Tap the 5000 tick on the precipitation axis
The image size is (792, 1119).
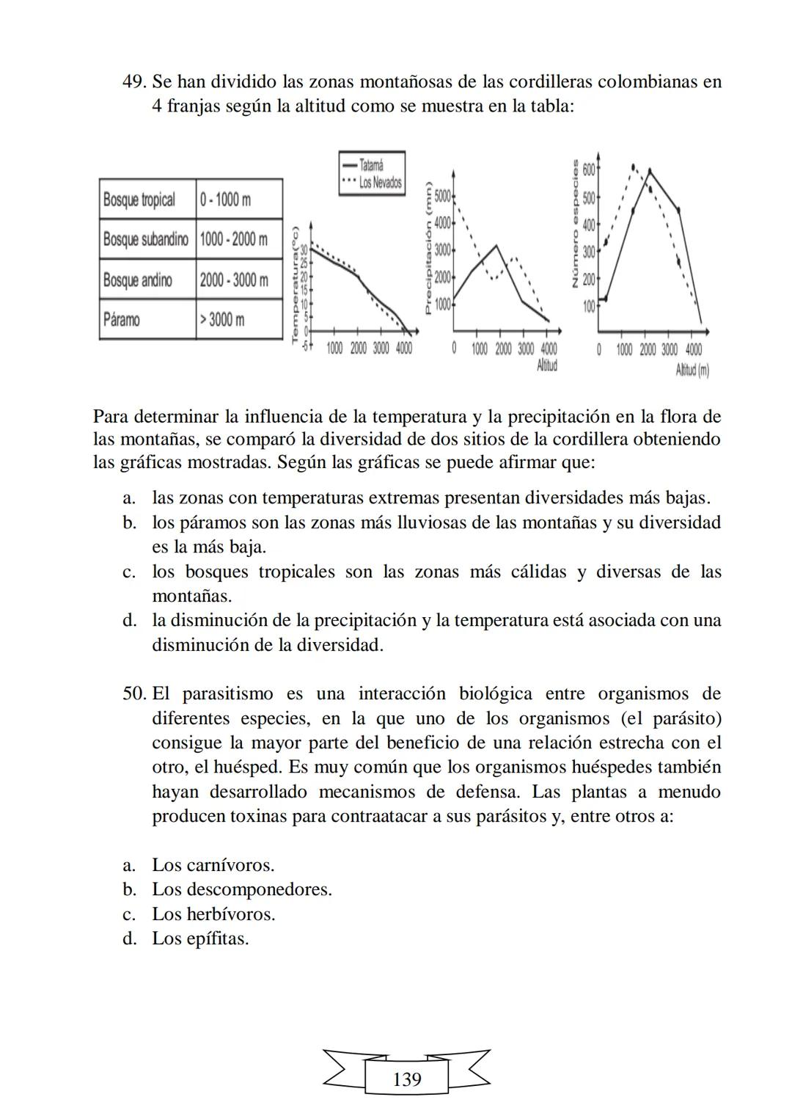click(x=442, y=196)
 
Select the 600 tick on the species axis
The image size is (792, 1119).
click(x=590, y=169)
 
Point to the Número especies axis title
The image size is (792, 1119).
click(x=576, y=224)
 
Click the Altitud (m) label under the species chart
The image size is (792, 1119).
click(x=692, y=371)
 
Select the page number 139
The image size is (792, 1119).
click(x=407, y=1079)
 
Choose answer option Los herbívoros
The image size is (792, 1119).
click(x=213, y=914)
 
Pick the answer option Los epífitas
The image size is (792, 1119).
click(x=200, y=938)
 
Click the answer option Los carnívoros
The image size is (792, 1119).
click(x=213, y=865)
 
